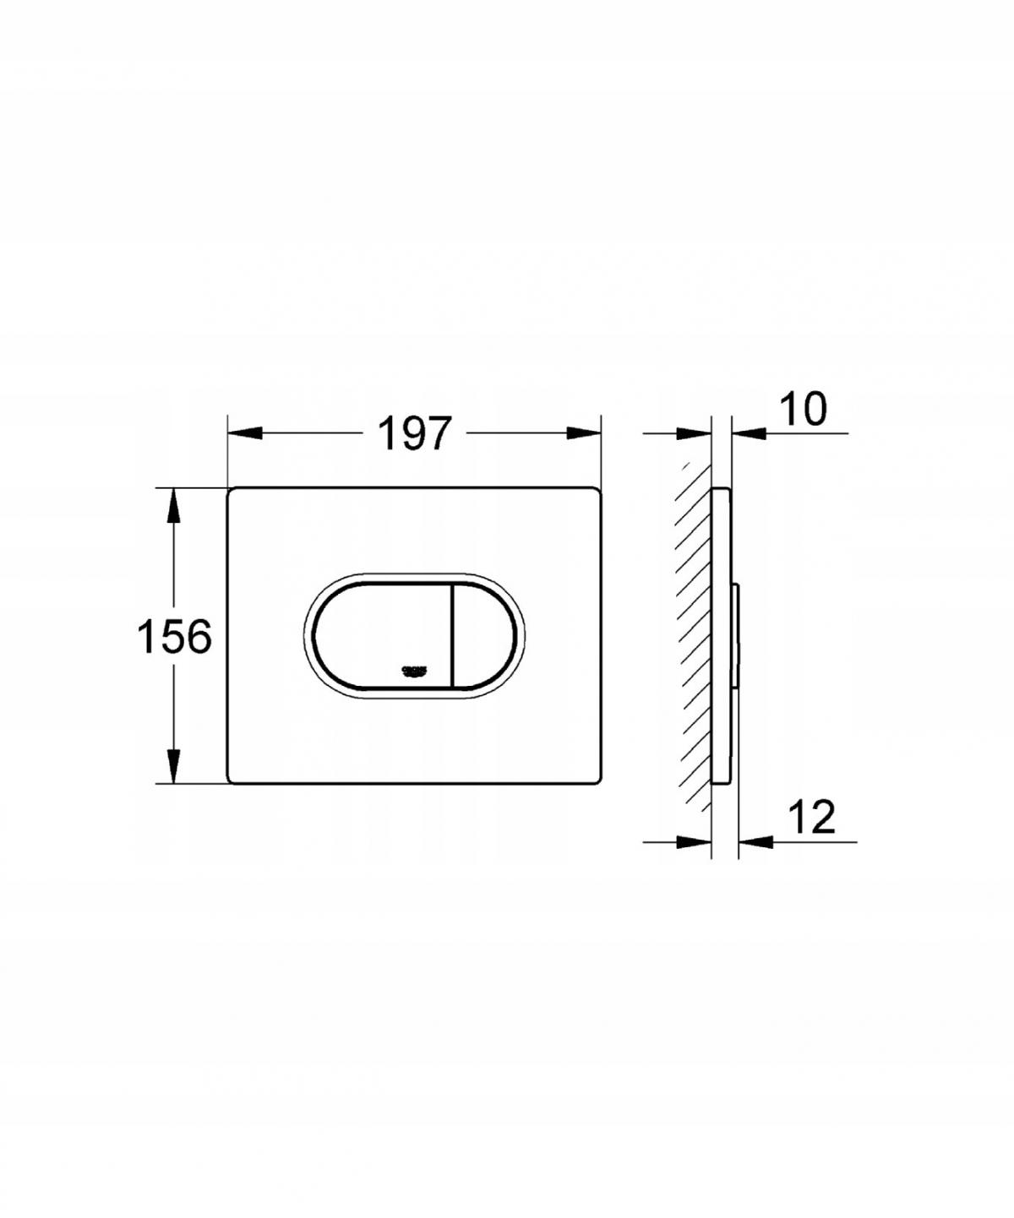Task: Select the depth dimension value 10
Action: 802,410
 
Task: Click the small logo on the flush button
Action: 414,670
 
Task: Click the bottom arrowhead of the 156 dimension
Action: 174,766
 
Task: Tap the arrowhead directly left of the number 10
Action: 748,433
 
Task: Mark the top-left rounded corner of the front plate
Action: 233,493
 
